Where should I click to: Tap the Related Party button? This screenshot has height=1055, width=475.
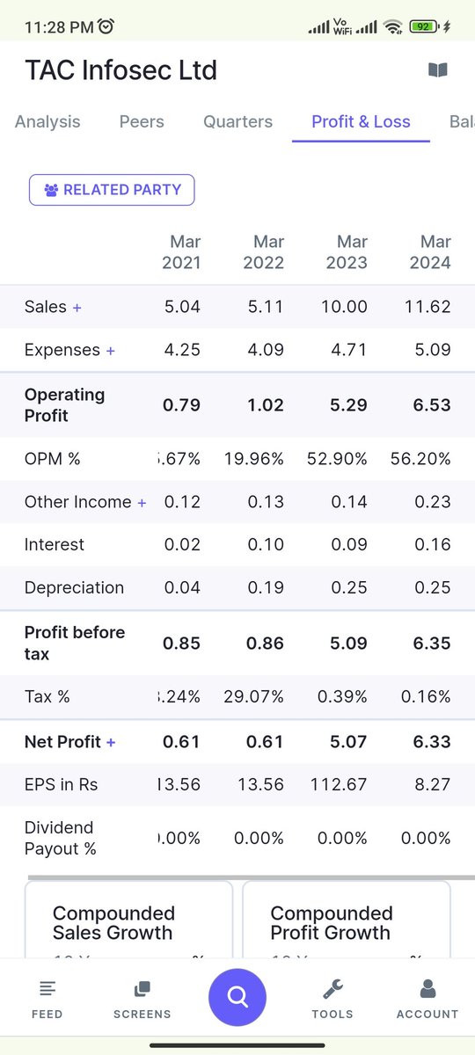(x=112, y=190)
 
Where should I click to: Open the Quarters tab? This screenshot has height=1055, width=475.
(x=237, y=122)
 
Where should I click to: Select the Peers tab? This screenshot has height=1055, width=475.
(x=142, y=122)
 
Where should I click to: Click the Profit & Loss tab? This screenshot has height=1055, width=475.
(x=361, y=122)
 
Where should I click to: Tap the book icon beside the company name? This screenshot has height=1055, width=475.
(x=437, y=70)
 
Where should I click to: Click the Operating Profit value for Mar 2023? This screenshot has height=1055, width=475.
(x=349, y=405)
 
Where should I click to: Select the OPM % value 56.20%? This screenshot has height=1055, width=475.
(x=420, y=459)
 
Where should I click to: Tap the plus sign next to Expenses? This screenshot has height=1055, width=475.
(x=110, y=351)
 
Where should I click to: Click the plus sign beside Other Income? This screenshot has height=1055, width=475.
(x=141, y=502)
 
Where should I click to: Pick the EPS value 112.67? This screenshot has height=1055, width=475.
(x=339, y=784)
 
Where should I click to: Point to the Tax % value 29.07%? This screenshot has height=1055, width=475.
(x=253, y=697)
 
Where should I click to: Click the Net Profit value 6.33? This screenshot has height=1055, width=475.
(x=432, y=742)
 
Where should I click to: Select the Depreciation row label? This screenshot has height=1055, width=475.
(x=74, y=588)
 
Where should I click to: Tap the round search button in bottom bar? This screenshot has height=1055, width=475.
(x=237, y=997)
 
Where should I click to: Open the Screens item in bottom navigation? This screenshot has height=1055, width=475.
(x=142, y=999)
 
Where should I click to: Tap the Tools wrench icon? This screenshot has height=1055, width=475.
(x=332, y=990)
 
